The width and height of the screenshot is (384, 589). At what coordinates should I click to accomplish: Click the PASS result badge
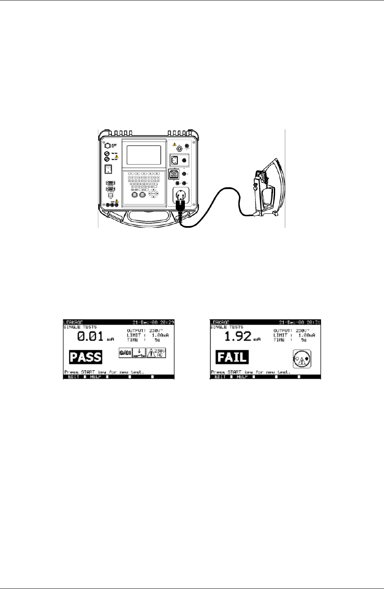85,357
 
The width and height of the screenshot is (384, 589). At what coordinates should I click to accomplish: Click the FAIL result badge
232,357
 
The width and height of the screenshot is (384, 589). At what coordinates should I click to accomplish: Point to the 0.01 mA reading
91,337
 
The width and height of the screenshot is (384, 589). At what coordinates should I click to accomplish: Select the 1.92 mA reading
238,337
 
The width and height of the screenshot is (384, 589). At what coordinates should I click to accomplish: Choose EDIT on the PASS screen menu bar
74,377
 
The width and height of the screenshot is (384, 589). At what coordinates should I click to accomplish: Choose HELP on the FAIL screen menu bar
242,377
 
